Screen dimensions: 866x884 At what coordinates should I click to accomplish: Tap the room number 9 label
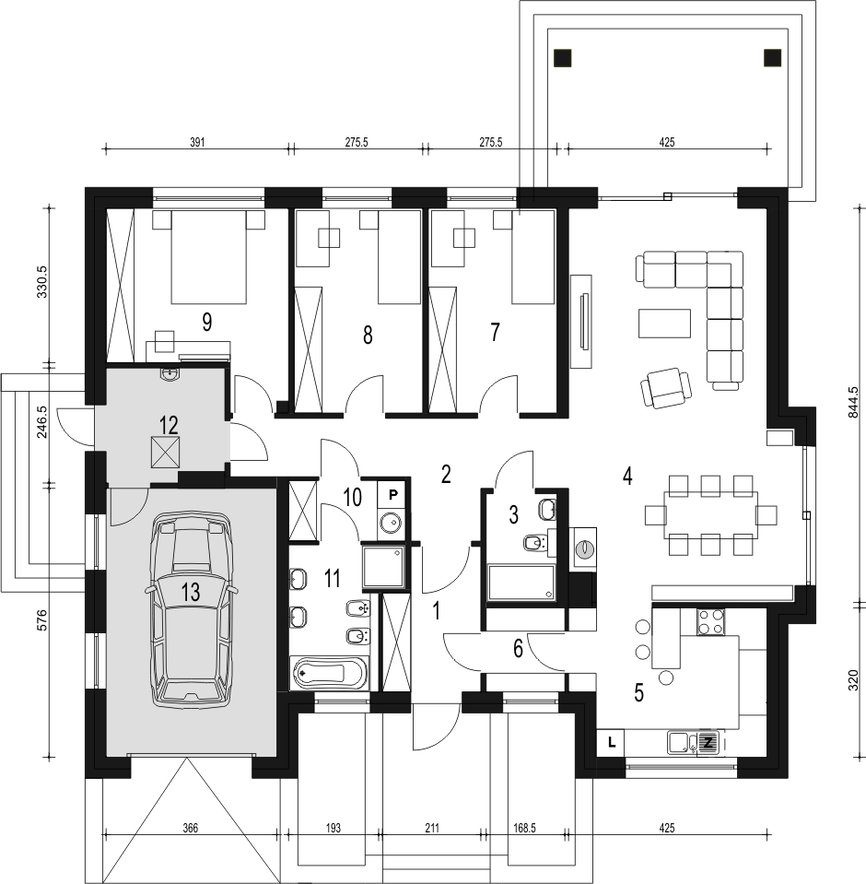(x=206, y=323)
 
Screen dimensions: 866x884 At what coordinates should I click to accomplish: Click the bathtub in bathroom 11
(x=329, y=673)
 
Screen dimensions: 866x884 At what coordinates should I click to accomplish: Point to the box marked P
(x=393, y=494)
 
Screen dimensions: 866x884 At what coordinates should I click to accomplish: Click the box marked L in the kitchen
(x=612, y=742)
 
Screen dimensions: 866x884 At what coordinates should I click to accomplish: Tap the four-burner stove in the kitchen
(x=710, y=622)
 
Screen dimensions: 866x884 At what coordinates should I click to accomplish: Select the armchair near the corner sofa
(x=667, y=387)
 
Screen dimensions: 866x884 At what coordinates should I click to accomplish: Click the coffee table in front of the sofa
(x=664, y=324)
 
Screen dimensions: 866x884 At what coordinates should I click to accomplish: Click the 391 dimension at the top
(x=196, y=142)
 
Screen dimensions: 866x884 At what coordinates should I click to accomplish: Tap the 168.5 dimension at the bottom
(x=524, y=828)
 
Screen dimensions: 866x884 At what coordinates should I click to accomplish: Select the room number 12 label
(x=169, y=425)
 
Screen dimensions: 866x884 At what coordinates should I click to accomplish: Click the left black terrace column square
(x=562, y=58)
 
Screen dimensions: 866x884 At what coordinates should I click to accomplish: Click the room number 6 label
(x=518, y=649)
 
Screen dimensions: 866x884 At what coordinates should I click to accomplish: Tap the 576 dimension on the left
(x=45, y=619)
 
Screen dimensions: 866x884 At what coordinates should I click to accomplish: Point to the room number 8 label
(x=368, y=336)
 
